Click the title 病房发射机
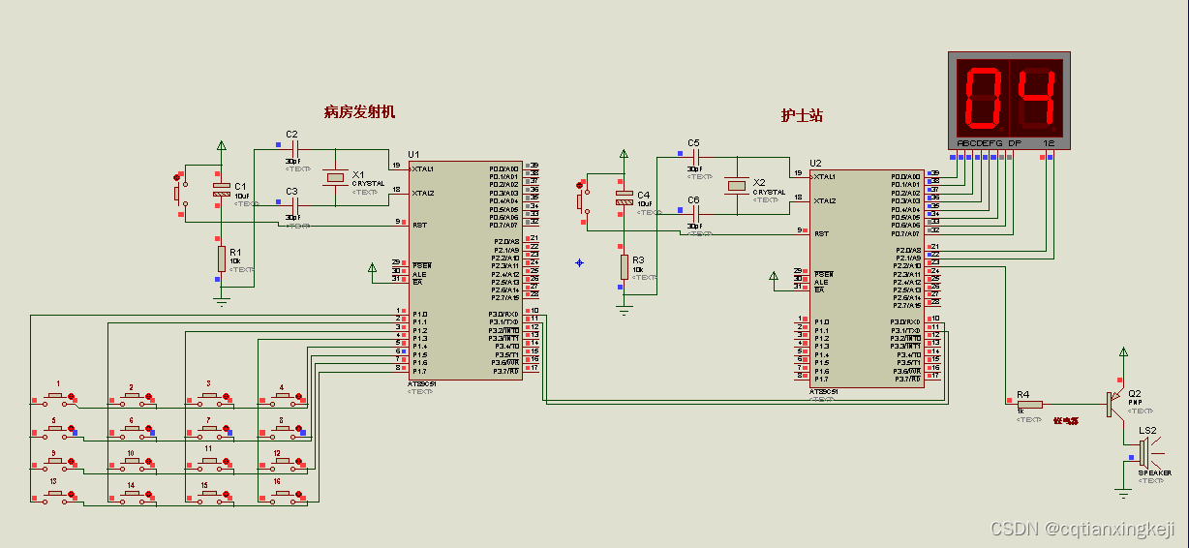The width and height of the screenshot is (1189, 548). (359, 111)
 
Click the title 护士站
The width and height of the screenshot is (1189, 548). (802, 114)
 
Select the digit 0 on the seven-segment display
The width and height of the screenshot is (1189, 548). (983, 99)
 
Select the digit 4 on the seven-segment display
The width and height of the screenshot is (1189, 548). (1037, 99)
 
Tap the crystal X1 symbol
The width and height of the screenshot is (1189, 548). (335, 177)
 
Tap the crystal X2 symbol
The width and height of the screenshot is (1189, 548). (737, 185)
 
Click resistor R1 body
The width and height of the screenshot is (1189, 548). (222, 259)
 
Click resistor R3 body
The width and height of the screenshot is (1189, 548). (624, 266)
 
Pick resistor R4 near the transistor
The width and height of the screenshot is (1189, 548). (1029, 404)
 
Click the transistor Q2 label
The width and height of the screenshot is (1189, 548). (1135, 393)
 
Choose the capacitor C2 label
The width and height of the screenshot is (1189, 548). (291, 134)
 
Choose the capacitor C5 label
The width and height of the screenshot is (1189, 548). (693, 142)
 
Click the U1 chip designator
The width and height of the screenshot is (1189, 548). (413, 154)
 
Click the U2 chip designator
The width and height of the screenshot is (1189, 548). (815, 162)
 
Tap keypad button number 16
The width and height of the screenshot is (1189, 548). (282, 495)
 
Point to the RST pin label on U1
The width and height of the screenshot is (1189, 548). (420, 225)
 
